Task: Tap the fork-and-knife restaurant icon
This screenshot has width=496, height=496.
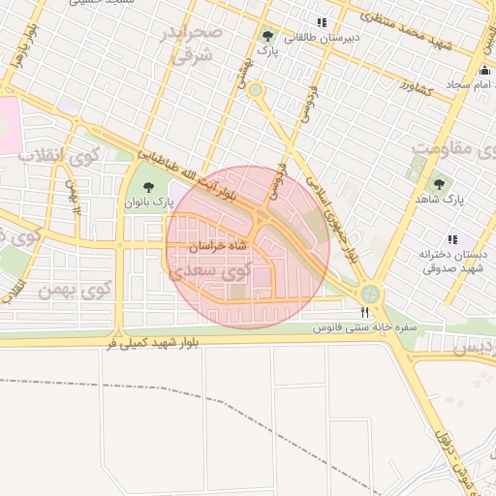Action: [364, 312]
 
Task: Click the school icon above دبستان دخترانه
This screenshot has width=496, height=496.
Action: [451, 239]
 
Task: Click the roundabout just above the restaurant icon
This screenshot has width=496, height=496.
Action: [369, 294]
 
